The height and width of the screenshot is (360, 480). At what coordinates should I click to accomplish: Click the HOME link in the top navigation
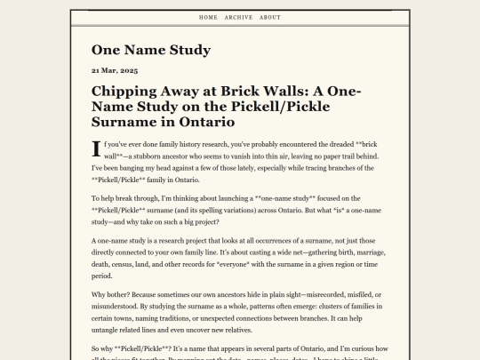208,17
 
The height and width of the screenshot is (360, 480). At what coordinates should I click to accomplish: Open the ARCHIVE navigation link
238,17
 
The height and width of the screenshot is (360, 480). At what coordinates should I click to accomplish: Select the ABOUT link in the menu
270,17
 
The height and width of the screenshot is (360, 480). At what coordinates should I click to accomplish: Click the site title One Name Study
151,50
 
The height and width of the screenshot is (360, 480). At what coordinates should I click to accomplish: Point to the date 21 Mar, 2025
114,69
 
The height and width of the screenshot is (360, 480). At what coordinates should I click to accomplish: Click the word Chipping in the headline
125,91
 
